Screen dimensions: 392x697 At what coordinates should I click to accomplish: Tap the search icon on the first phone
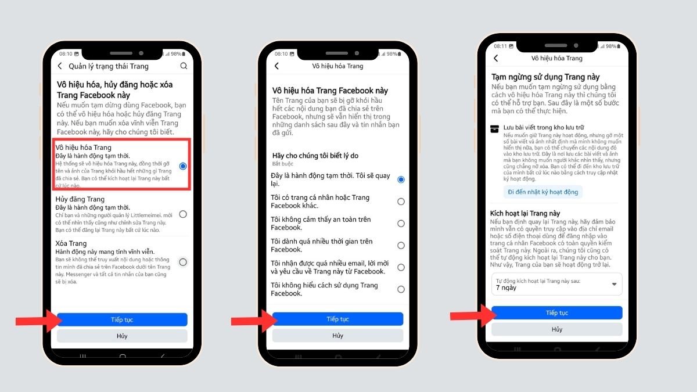(x=184, y=66)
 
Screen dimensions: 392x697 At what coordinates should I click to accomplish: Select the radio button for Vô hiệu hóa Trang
(x=183, y=166)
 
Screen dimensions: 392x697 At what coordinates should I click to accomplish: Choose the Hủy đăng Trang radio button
(x=183, y=214)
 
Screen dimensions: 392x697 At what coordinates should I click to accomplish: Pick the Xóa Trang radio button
(x=183, y=262)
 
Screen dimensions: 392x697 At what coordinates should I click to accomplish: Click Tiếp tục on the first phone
(x=122, y=319)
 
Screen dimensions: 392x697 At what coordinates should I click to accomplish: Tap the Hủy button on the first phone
(x=122, y=336)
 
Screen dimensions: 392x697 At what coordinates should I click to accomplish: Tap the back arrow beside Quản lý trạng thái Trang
(x=60, y=66)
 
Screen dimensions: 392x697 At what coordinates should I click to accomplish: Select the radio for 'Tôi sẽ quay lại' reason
(x=401, y=179)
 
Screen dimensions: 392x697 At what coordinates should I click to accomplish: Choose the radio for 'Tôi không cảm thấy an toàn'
(x=401, y=224)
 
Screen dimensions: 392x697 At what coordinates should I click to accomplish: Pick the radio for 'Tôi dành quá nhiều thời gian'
(x=401, y=246)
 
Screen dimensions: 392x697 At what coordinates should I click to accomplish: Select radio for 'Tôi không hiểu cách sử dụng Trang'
(x=401, y=289)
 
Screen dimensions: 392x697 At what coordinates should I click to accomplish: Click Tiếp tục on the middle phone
(x=337, y=319)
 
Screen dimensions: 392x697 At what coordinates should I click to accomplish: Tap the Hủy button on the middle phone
(x=337, y=336)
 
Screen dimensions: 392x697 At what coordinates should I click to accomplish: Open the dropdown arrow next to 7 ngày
(x=615, y=285)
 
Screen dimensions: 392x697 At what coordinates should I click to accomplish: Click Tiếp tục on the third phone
(x=556, y=313)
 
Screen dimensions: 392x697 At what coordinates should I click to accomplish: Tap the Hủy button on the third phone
(x=556, y=329)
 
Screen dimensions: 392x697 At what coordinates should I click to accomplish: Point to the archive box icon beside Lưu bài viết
(x=495, y=129)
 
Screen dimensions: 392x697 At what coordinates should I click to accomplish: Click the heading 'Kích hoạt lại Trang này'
(x=525, y=214)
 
